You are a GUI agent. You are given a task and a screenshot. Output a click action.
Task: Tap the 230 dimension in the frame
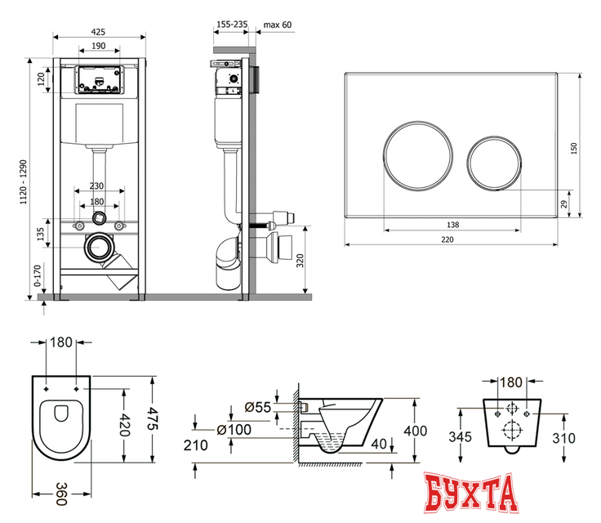point(99,186)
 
